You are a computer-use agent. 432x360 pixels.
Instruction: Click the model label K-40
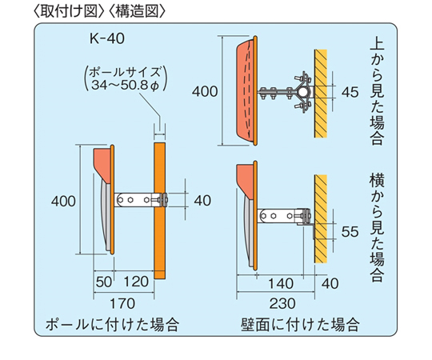point(107,38)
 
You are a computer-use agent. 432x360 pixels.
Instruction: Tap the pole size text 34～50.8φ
point(126,85)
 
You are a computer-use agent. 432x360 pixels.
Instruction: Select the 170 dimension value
point(122,303)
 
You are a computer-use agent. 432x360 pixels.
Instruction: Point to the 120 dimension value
point(136,282)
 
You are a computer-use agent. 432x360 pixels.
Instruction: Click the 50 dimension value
point(104,282)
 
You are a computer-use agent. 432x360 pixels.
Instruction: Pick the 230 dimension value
point(282,303)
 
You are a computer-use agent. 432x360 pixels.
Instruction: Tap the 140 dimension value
point(281,284)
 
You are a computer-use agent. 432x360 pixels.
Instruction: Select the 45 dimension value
point(350,92)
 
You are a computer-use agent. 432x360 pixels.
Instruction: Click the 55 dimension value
point(350,232)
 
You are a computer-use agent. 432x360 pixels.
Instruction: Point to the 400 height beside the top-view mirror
point(205,91)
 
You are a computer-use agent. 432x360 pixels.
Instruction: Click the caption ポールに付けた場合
point(112,325)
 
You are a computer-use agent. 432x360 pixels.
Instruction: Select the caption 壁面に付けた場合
point(300,325)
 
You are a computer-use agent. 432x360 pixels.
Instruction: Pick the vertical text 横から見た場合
point(377,227)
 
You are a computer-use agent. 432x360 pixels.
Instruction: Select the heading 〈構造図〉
point(137,12)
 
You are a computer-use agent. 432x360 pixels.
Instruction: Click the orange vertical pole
point(160,210)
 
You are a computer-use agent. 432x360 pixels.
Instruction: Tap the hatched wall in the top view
point(321,94)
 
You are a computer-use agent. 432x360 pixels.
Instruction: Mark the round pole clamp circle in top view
point(303,91)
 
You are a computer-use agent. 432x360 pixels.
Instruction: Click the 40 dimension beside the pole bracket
point(202,200)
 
